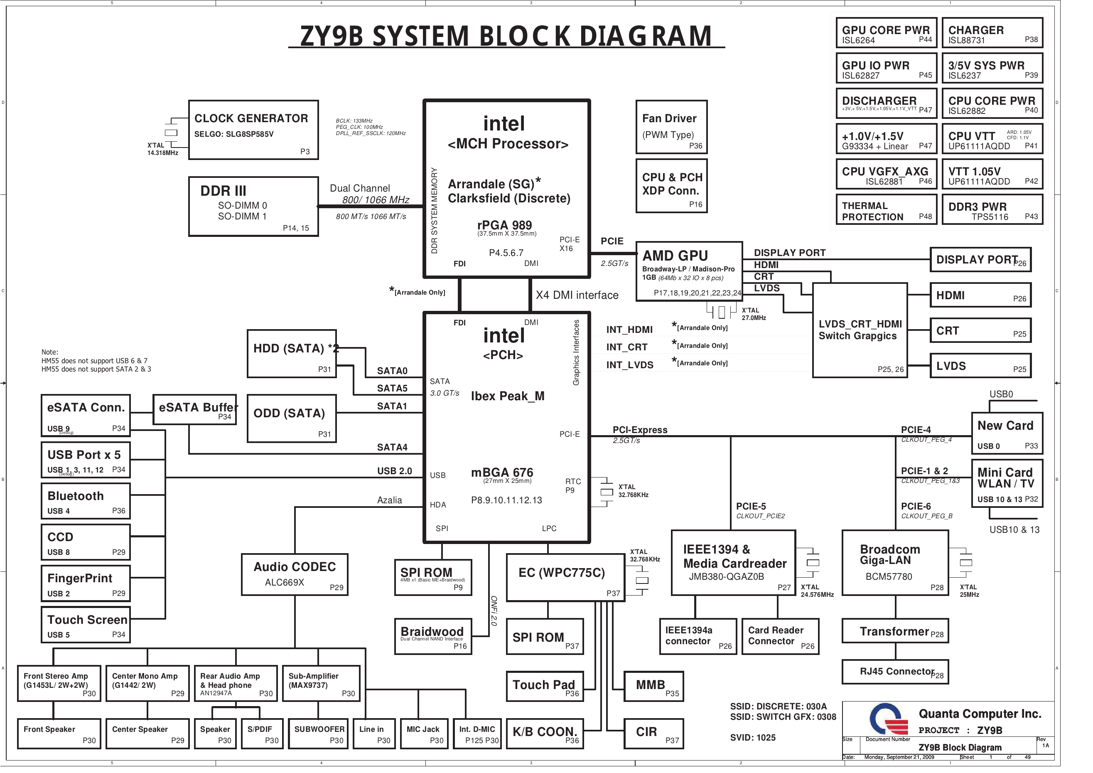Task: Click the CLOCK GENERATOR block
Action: [253, 130]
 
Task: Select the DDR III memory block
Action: [253, 207]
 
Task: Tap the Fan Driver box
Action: [671, 127]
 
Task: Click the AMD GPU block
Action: [689, 271]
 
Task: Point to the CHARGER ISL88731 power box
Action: [992, 33]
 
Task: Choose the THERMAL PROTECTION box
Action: [886, 211]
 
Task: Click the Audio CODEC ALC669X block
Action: [295, 574]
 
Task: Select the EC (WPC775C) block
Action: [565, 577]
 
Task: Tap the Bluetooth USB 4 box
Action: [86, 501]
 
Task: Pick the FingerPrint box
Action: [86, 583]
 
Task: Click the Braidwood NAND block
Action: [433, 636]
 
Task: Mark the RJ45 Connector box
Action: [895, 672]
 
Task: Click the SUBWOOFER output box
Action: [319, 734]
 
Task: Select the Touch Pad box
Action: [545, 686]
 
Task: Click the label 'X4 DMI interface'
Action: [577, 295]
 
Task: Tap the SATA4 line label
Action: [392, 447]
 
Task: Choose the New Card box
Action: [1007, 433]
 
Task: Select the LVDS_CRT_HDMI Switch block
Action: [860, 330]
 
